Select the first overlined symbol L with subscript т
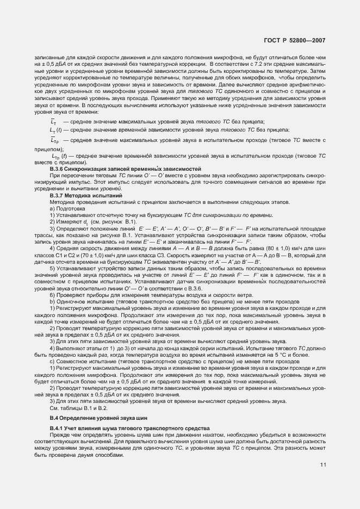[53, 121]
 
